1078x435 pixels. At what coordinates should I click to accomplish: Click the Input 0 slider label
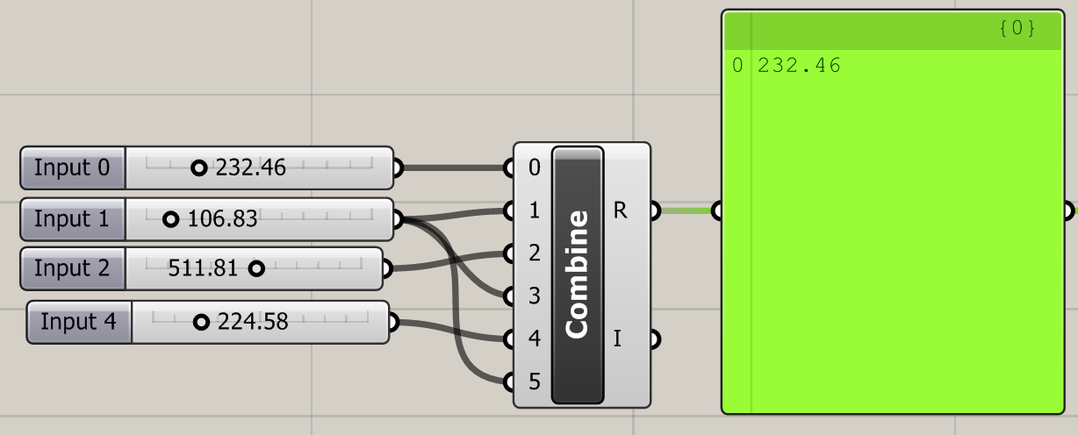tap(74, 168)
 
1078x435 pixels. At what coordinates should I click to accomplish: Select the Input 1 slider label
tap(74, 219)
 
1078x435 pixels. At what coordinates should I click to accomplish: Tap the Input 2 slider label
tap(74, 268)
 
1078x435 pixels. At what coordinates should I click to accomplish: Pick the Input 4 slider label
tap(79, 322)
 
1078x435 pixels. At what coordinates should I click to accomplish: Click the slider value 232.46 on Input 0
tap(250, 168)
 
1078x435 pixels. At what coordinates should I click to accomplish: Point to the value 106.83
tap(222, 219)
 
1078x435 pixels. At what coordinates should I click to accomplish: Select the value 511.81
tap(203, 268)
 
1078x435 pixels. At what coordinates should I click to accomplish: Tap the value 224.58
tap(253, 322)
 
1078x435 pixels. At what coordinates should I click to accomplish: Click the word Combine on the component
tap(577, 274)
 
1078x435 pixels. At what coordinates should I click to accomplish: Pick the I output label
tap(618, 339)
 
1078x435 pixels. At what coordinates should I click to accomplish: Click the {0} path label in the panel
tap(1017, 29)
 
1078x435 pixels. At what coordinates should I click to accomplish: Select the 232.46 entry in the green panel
tap(799, 65)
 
